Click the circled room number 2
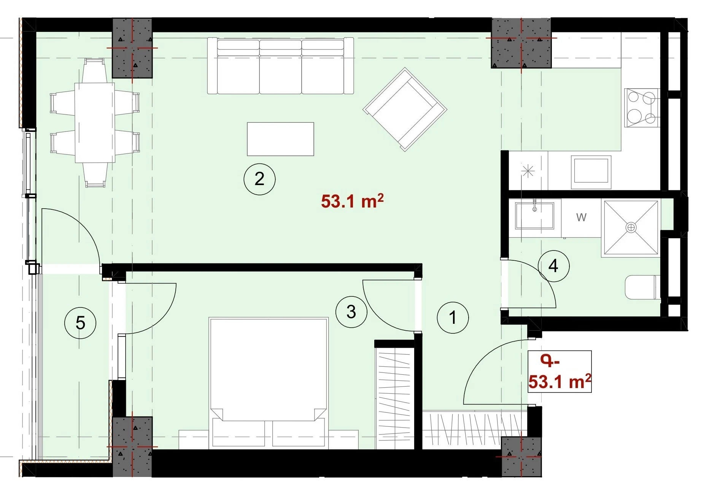(x=259, y=179)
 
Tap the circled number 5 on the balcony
(x=80, y=323)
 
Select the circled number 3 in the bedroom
(x=351, y=312)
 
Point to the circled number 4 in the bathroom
(x=553, y=266)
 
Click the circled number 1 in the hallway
(x=453, y=317)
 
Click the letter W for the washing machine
(x=581, y=217)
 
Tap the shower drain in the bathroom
(x=631, y=228)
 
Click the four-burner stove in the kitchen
(x=642, y=108)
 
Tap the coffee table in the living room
(x=280, y=139)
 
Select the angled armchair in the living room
(x=405, y=109)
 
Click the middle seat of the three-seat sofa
(x=280, y=66)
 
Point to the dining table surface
(x=95, y=123)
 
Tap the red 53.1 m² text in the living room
(x=352, y=201)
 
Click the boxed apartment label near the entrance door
(x=560, y=371)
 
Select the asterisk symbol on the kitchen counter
(x=528, y=171)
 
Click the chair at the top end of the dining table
(x=94, y=70)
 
